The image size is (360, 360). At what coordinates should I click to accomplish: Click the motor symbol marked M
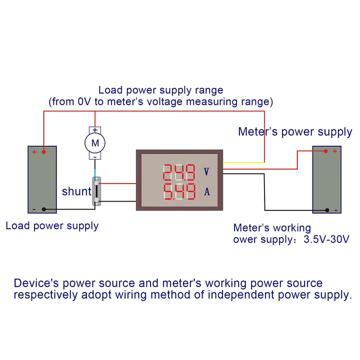point(94,143)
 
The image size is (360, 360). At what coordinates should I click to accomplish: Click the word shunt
point(76,191)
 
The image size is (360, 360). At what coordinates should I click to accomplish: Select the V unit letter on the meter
point(206,171)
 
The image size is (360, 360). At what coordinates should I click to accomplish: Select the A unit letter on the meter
point(206,191)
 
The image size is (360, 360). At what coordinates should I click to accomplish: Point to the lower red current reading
point(178,191)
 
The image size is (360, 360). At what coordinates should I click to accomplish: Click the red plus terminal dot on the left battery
point(44,152)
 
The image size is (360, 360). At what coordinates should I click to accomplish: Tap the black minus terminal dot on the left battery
point(44,209)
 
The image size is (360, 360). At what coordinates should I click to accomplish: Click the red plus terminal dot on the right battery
point(325,151)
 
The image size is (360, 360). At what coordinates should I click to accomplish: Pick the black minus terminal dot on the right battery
point(326,210)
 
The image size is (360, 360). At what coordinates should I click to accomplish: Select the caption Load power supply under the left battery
point(52,225)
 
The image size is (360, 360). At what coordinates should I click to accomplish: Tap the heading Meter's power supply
point(295,132)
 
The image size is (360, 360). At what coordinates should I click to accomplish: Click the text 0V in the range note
point(85,101)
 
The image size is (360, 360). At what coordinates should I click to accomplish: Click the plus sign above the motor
point(94,129)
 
